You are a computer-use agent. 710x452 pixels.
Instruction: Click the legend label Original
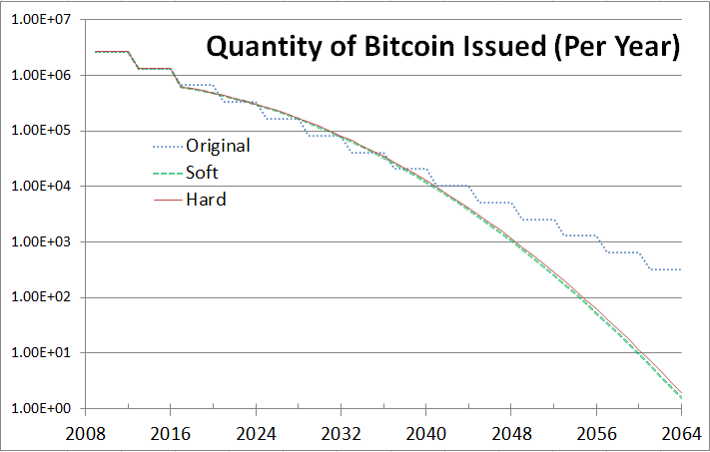tap(218, 145)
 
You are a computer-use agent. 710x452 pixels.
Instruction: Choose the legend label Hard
tap(206, 200)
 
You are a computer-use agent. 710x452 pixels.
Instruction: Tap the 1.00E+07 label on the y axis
tap(40, 20)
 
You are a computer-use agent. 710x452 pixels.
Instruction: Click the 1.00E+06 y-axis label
tap(40, 76)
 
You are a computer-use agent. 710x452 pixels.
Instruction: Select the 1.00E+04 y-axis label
tap(40, 187)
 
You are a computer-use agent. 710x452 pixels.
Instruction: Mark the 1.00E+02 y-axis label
tap(40, 297)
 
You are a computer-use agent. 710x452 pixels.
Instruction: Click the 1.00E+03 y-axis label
tap(40, 242)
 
